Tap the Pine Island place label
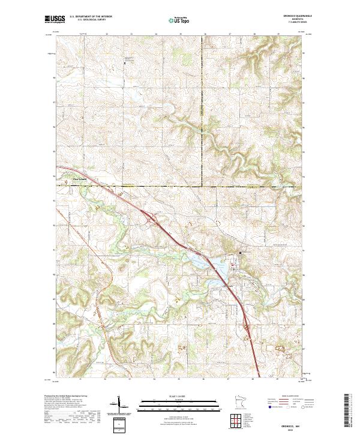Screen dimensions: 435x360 point(64,178)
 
